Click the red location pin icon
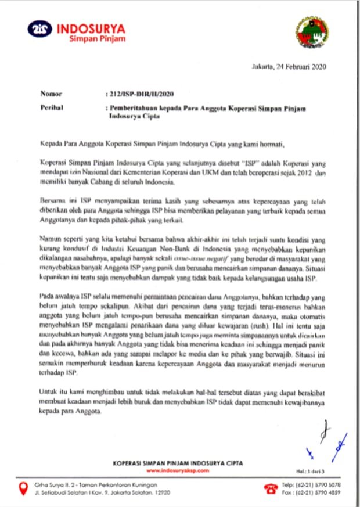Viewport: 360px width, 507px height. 23,489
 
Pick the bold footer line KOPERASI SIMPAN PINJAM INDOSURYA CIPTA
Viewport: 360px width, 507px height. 179,463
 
